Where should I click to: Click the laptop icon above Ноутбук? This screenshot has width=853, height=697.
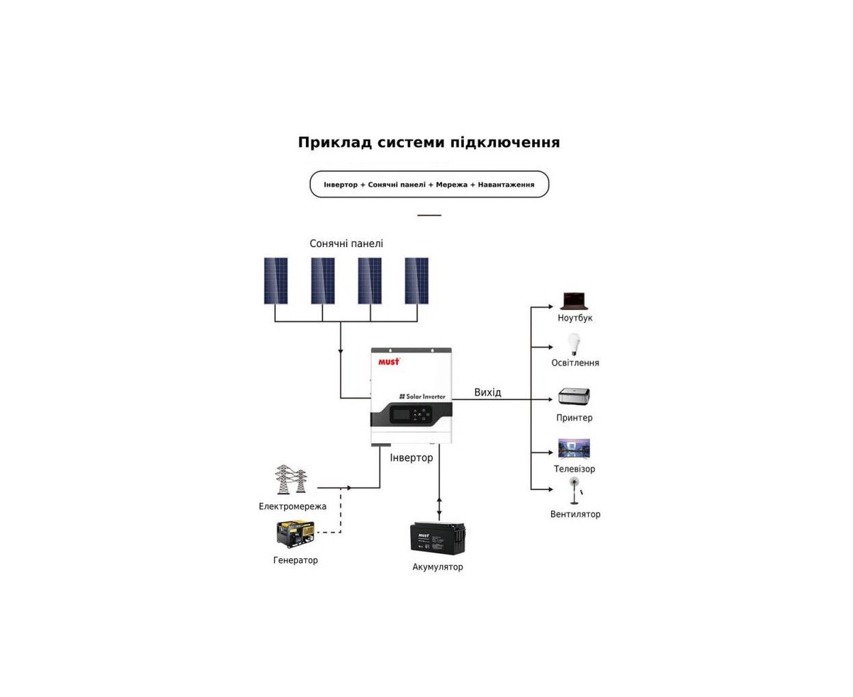574,301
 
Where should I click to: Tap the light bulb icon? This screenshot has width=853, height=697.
574,344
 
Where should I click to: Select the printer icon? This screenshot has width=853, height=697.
574,396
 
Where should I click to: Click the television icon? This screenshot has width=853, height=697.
574,449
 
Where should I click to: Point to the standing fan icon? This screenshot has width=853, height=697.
575,491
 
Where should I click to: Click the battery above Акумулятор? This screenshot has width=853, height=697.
437,538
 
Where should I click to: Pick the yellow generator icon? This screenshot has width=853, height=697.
295,534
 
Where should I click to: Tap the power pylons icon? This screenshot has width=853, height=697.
291,480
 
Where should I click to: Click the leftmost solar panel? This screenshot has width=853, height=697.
276,280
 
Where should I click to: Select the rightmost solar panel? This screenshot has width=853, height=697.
416,280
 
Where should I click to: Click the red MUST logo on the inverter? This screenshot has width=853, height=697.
389,361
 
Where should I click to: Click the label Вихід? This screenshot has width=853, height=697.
487,392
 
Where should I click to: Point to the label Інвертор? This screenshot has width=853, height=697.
411,457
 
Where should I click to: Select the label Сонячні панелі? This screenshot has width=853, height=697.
346,244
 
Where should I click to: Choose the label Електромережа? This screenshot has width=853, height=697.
292,506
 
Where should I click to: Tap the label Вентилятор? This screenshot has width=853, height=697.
575,515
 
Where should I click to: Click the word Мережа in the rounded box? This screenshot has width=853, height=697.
451,184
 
